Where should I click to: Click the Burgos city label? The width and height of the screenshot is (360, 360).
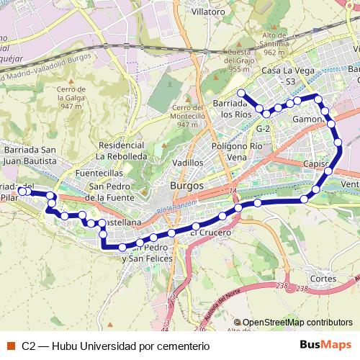(x=187, y=185)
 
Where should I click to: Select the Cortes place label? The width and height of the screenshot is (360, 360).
(x=325, y=278)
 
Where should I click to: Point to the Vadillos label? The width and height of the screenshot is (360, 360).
(x=188, y=163)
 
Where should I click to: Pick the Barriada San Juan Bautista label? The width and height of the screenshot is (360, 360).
(x=30, y=155)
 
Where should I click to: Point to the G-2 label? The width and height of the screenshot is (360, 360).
(x=263, y=128)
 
